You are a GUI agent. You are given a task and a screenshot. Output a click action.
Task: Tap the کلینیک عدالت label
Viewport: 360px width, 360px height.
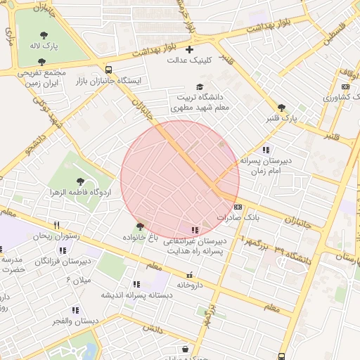tap(188, 60)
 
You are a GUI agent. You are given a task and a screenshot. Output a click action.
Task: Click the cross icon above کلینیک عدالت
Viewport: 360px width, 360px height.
tap(188, 49)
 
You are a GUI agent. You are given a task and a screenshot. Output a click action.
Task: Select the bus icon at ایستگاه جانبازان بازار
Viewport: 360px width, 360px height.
tap(108, 70)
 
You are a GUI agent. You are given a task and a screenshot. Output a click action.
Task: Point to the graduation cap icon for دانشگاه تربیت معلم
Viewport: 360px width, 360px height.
tap(200, 86)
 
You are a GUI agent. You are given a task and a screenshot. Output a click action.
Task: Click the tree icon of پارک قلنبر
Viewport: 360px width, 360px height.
tap(282, 108)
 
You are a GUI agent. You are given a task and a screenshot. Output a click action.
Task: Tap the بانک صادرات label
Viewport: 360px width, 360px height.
tap(238, 218)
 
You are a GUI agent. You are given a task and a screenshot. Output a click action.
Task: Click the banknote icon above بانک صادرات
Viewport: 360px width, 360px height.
tap(238, 207)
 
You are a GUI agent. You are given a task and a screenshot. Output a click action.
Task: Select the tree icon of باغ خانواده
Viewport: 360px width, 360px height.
tap(141, 226)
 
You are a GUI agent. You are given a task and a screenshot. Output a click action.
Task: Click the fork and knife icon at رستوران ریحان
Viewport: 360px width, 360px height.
tap(57, 226)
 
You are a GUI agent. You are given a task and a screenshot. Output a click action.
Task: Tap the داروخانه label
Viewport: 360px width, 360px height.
tap(190, 285)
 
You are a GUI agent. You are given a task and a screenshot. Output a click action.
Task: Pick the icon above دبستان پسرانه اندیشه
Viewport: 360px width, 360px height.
tap(136, 284)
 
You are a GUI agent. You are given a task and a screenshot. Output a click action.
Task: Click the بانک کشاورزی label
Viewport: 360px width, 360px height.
tap(341, 97)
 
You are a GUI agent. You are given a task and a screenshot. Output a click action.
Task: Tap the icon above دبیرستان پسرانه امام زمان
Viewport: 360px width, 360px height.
tap(266, 150)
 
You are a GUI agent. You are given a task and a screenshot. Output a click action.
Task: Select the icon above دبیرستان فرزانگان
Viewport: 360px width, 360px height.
tap(63, 250)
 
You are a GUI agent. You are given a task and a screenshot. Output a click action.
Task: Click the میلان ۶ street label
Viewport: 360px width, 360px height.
tap(78, 279)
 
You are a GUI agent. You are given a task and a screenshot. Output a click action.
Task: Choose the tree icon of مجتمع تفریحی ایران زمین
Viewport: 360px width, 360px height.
tap(41, 62)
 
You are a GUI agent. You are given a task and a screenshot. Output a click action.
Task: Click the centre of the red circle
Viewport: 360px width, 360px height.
tap(180, 179)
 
